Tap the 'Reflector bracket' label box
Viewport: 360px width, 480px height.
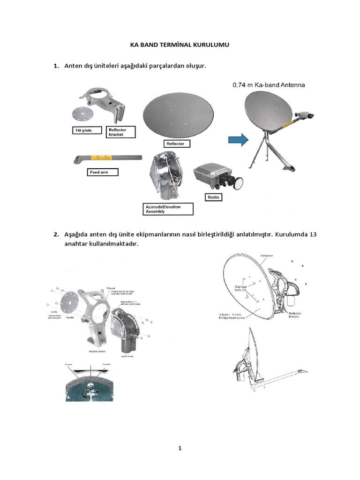121,132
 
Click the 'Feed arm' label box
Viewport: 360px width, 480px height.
104,172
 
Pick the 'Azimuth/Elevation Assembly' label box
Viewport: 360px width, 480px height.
168,209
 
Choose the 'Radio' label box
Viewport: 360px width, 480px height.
213,197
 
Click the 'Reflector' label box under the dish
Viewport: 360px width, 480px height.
176,143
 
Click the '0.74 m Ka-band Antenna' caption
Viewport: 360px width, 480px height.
269,85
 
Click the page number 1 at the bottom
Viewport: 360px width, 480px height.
180,448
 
